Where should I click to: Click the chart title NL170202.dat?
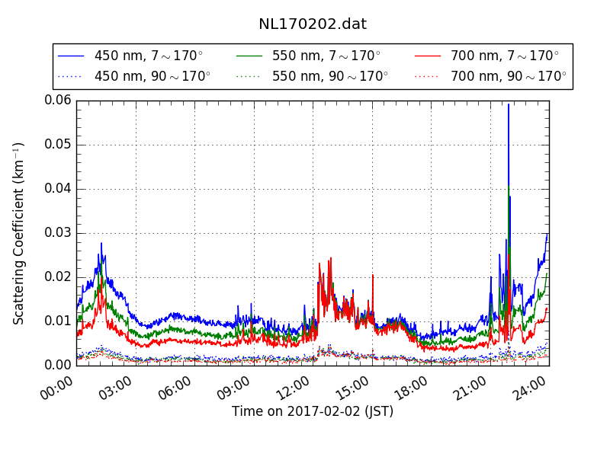313,24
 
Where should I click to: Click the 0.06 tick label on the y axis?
58,101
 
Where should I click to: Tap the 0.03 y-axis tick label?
58,233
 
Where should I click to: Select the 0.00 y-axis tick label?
58,365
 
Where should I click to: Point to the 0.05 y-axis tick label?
58,145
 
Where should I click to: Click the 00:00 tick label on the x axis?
56,388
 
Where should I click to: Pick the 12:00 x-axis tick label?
293,388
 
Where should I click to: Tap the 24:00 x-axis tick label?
529,388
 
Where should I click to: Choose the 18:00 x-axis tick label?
411,388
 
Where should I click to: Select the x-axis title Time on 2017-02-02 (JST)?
313,411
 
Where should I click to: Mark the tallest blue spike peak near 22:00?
508,104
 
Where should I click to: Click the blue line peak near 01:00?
101,243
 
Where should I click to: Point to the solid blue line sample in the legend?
71,56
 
